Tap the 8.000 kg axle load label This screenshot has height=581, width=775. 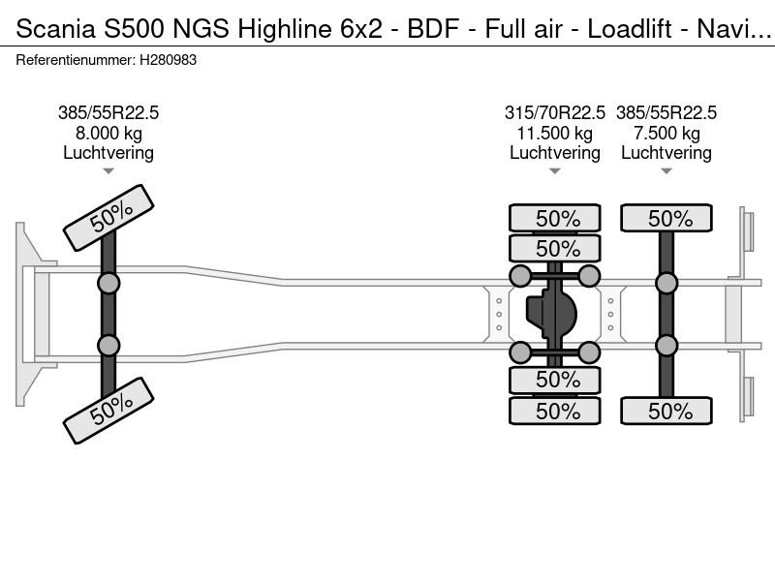[x=108, y=133]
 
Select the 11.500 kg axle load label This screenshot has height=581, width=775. [x=555, y=133]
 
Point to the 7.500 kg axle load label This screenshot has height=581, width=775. [x=666, y=133]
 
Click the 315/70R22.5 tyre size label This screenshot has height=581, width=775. [x=555, y=112]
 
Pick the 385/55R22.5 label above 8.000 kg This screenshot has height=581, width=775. [x=108, y=112]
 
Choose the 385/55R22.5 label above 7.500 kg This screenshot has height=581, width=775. [x=666, y=112]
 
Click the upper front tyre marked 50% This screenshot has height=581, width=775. [x=108, y=218]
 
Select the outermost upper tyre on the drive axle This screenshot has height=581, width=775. [x=555, y=219]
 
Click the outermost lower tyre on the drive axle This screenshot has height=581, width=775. [x=555, y=411]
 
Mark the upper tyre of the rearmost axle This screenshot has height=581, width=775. [x=666, y=219]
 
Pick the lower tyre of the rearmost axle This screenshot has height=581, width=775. [x=666, y=411]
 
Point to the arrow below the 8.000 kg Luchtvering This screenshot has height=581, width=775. [x=108, y=171]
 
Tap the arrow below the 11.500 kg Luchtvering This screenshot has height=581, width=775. [x=555, y=171]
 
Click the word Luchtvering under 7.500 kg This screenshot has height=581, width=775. [x=666, y=153]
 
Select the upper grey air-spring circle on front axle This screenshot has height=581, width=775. [x=108, y=283]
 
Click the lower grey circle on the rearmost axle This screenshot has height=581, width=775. [x=666, y=346]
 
